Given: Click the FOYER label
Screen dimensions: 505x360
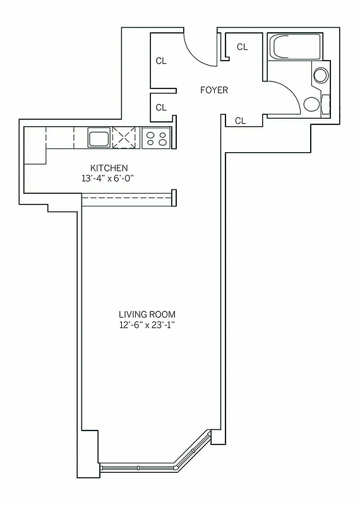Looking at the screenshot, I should pos(214,90).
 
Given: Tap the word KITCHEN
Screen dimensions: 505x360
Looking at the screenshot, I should pos(109,168).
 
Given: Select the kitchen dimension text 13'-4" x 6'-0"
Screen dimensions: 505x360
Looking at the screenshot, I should pos(109,179).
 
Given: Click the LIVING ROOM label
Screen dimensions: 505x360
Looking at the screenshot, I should pos(147,314).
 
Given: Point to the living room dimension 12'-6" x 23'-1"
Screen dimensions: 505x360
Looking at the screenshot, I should pos(147,326).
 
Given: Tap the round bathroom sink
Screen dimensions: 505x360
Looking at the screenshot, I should pos(321,76).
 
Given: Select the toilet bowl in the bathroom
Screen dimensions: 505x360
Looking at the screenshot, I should pos(311,104).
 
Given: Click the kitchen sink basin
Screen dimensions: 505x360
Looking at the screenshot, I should pos(99,138).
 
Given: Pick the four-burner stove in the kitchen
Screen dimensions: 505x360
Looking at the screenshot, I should pos(156,138).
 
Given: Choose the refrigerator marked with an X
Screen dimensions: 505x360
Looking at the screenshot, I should pos(125,138).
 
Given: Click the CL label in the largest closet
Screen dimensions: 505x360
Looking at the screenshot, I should pos(161,61).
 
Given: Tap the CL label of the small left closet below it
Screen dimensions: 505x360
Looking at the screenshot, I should pos(161,107).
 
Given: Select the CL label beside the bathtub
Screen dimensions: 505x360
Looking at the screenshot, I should pos(242,47).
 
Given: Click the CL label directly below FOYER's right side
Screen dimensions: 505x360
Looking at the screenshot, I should pos(240,121).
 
